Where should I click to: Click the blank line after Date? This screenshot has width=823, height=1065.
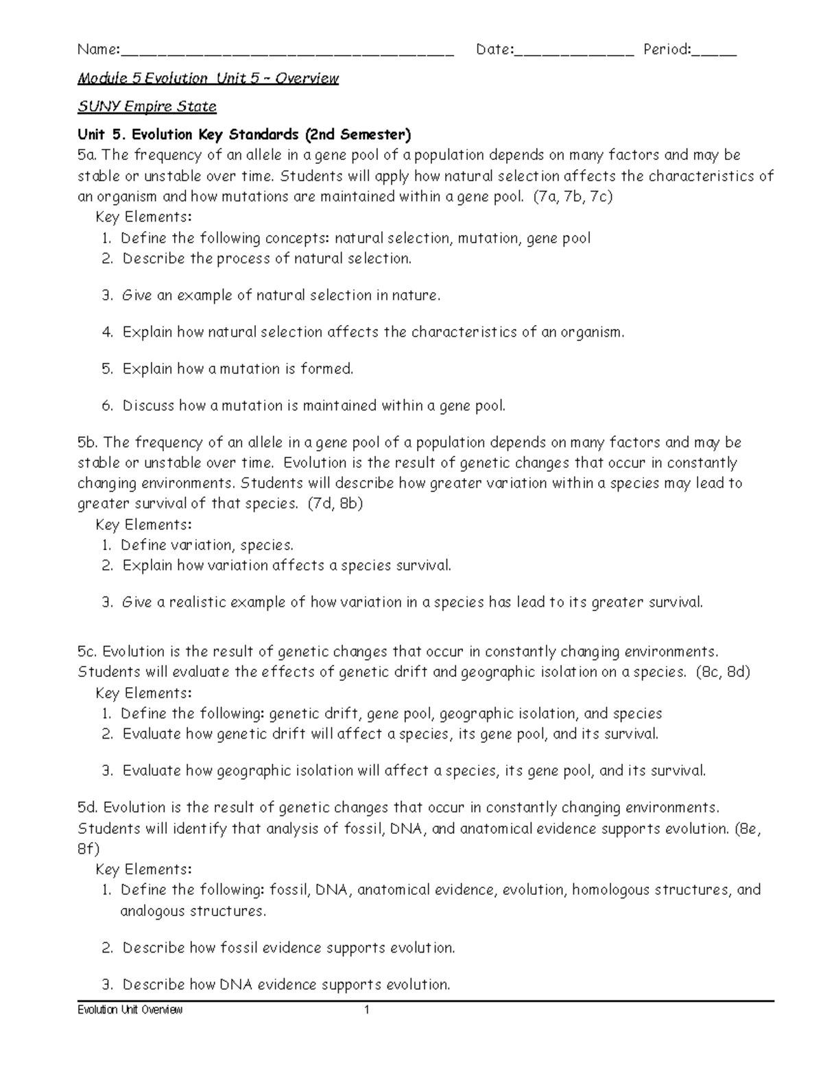click(x=573, y=51)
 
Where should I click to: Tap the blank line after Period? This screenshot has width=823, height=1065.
click(x=714, y=51)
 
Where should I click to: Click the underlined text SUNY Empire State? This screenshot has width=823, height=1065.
click(x=147, y=106)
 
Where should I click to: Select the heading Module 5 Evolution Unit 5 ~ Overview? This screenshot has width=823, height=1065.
click(x=208, y=78)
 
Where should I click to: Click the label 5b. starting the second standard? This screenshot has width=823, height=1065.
click(x=88, y=442)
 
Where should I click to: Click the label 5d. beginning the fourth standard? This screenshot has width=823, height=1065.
click(x=88, y=808)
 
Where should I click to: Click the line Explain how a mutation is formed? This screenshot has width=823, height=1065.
click(x=237, y=369)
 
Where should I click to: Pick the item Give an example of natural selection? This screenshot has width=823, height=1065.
click(x=281, y=296)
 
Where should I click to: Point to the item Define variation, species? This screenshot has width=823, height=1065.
click(x=206, y=545)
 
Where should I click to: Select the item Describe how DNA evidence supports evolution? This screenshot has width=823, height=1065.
click(x=286, y=985)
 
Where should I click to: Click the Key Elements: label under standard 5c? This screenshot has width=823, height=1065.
click(x=144, y=693)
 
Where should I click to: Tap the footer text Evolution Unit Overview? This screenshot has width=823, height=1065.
click(x=130, y=1010)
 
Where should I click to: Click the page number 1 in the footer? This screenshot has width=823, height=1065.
click(x=367, y=1010)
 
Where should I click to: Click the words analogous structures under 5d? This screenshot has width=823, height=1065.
click(x=193, y=911)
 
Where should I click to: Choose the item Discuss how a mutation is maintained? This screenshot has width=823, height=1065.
click(x=313, y=406)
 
